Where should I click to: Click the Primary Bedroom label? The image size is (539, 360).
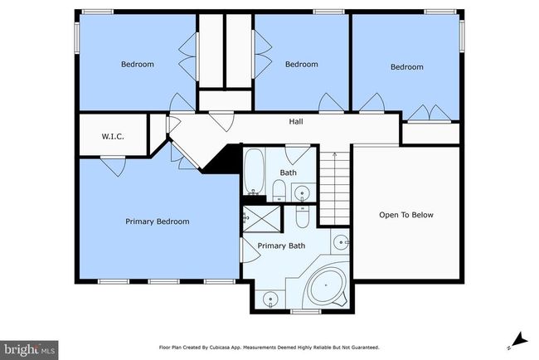click(157, 221)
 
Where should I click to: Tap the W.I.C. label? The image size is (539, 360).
click(113, 137)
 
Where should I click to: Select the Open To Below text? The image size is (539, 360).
click(406, 215)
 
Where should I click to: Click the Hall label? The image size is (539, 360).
click(296, 121)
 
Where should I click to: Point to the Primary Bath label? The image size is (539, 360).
click(281, 246)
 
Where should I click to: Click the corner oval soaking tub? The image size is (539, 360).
click(326, 285)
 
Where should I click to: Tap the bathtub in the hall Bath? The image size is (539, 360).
click(254, 171)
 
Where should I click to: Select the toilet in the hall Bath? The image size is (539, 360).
click(279, 191)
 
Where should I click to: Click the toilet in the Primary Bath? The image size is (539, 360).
click(303, 216)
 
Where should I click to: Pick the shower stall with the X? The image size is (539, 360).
click(262, 219)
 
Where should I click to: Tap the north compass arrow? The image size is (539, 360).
click(518, 340)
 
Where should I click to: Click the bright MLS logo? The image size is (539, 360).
click(29, 350)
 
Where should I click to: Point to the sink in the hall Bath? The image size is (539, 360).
click(302, 192)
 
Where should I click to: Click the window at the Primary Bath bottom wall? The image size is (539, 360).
click(306, 312)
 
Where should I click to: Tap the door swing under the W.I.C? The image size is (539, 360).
click(114, 167)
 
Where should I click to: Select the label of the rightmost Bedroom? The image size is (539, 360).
click(406, 66)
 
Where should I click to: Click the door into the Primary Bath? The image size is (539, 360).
click(250, 251)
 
